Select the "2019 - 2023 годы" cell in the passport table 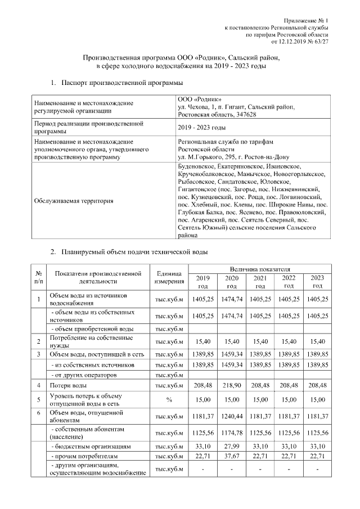(201, 128)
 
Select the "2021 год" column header (260, 282)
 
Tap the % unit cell (169, 400)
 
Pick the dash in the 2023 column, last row (317, 470)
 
